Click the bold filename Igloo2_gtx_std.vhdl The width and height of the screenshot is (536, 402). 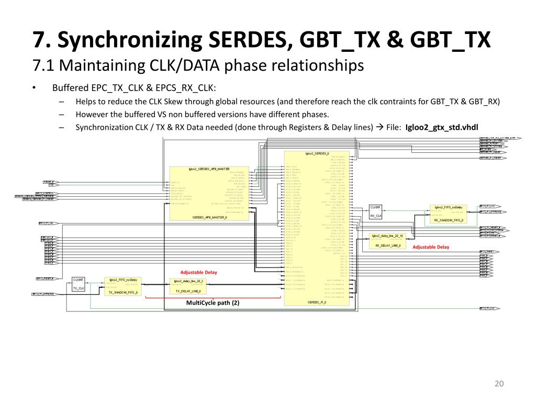point(442,127)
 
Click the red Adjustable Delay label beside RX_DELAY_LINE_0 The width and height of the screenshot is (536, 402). point(431,247)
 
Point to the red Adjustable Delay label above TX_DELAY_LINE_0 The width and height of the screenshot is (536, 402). point(198,272)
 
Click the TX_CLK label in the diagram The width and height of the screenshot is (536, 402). point(79,288)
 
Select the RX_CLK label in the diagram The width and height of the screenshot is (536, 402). point(376,216)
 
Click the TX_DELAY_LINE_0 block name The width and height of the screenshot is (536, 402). point(188,291)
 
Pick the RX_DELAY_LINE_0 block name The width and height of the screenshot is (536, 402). point(388,245)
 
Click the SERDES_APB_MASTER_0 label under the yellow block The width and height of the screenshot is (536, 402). point(209,217)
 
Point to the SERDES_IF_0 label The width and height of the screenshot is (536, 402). point(317,303)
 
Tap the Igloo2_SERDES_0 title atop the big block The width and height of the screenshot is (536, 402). point(317,154)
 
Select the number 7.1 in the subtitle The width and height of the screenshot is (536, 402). point(43,65)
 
